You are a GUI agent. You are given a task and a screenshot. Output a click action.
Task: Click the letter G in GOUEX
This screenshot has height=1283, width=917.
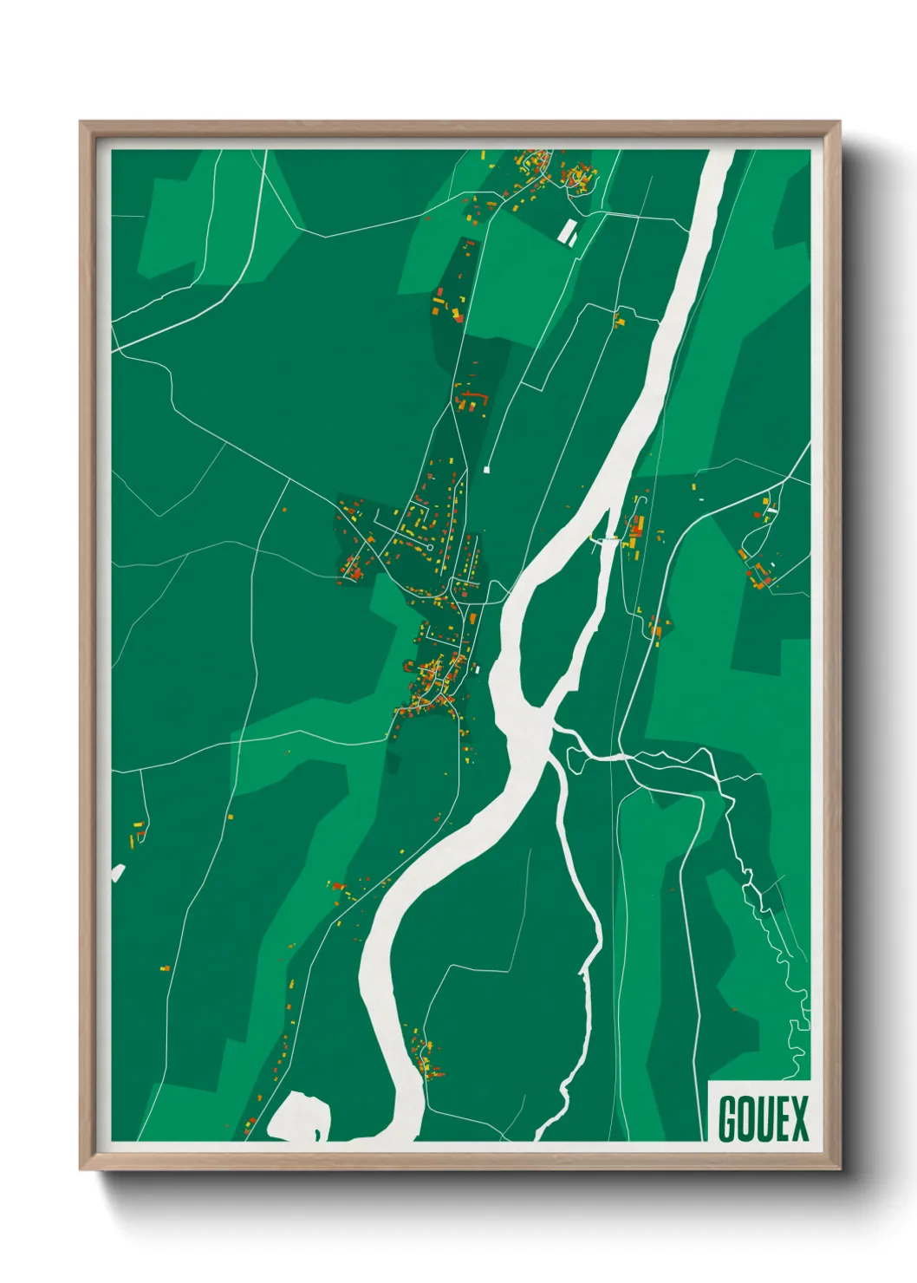[727, 1119]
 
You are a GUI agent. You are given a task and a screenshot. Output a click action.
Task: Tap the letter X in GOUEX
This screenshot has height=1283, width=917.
[799, 1119]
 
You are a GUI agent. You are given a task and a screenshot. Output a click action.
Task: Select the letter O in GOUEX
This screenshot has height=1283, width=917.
[745, 1119]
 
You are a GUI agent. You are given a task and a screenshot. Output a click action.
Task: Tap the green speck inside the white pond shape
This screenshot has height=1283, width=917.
[316, 1134]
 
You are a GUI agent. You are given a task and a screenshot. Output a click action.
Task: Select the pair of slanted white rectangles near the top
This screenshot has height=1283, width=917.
[569, 232]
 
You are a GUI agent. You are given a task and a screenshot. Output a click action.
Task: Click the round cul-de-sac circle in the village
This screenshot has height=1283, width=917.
[431, 548]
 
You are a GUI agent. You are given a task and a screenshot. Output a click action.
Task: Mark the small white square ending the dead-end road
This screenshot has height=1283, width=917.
[486, 470]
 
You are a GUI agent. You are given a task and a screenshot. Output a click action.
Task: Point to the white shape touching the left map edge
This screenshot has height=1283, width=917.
[118, 873]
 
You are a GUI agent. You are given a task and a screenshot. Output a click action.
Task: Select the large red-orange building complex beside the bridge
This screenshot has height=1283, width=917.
[636, 531]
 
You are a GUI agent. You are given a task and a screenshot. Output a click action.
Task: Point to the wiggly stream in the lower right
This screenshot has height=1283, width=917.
[771, 919]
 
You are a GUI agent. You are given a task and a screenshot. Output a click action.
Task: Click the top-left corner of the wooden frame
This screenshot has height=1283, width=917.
[81, 122]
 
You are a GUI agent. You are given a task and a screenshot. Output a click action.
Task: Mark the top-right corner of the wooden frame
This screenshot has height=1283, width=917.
[840, 122]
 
